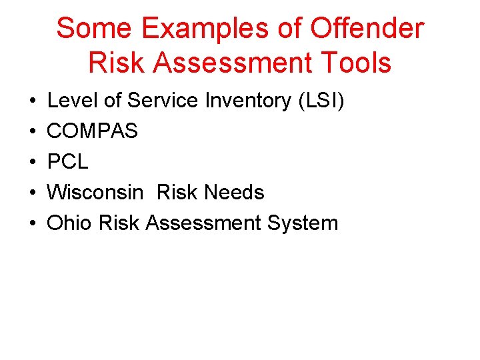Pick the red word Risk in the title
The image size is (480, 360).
(114, 63)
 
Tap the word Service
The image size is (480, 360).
(163, 101)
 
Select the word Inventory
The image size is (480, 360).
(247, 101)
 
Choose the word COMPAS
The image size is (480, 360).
(92, 131)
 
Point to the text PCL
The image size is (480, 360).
(67, 162)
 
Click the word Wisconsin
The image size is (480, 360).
(95, 193)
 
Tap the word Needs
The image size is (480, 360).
(234, 193)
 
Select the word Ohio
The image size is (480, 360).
(70, 223)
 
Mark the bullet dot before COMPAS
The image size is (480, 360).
(33, 132)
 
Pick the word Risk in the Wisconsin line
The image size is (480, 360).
(177, 193)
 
